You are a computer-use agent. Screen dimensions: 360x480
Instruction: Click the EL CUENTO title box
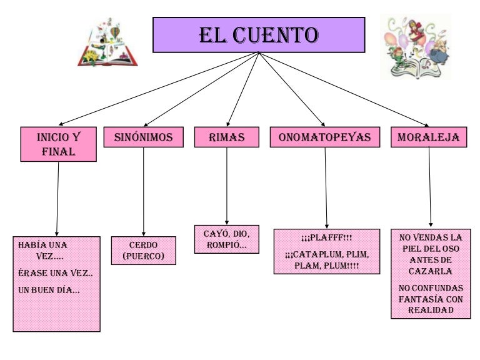259,34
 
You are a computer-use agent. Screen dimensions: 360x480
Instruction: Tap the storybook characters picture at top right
415,47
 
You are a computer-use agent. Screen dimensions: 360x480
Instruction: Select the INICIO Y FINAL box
58,144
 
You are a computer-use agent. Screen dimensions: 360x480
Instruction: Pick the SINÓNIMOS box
143,137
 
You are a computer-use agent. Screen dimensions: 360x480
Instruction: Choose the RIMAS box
226,137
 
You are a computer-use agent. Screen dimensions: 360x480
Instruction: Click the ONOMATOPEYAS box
324,137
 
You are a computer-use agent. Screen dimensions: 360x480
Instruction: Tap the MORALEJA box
429,137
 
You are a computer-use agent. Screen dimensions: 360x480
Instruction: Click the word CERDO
143,244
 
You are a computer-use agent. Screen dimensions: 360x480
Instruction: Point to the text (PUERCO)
143,256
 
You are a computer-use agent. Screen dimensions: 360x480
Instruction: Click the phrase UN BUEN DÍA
49,290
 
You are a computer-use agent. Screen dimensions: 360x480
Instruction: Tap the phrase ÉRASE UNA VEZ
56,273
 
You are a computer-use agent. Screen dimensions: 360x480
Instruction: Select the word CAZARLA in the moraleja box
431,271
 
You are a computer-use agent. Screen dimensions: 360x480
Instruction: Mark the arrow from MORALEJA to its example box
429,187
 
